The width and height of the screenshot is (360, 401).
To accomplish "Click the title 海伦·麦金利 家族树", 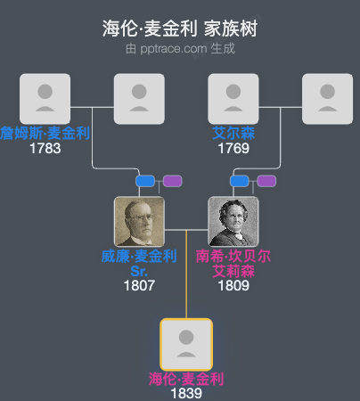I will (180, 29).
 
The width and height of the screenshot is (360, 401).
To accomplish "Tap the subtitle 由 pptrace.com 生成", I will (180, 48).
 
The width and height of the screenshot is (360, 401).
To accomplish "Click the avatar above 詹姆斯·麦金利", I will (45, 99).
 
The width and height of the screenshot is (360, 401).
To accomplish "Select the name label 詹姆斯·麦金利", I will (45, 134).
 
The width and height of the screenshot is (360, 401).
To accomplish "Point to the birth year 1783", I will (45, 148).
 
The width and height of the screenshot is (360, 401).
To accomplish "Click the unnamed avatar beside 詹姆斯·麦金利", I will (139, 99).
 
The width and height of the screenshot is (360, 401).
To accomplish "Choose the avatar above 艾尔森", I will (233, 99).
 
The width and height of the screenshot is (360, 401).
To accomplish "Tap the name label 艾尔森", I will (233, 134).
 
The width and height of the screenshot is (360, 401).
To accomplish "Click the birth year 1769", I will (233, 148).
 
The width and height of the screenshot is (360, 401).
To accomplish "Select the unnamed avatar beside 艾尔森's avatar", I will (328, 99).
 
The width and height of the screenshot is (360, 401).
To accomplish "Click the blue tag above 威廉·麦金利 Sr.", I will (145, 182).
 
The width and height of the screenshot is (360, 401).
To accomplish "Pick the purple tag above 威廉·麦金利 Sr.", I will (173, 182).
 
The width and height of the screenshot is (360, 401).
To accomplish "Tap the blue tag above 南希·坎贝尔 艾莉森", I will (240, 182).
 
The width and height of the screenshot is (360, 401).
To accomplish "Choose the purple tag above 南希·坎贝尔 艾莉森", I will (266, 182).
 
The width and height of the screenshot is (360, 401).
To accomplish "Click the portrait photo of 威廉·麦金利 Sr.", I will (139, 222).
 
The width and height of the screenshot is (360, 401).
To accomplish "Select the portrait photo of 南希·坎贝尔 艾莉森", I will (233, 222).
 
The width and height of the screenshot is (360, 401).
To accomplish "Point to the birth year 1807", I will (139, 286).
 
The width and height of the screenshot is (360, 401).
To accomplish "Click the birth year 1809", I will (233, 286).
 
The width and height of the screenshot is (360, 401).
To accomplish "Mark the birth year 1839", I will (186, 393).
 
